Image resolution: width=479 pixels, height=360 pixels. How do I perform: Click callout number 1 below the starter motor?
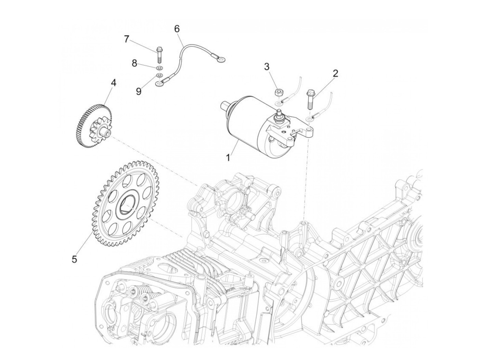coord(228,158)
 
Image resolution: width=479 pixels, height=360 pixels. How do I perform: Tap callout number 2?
coord(335,73)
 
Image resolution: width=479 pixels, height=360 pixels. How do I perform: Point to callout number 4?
coord(113,83)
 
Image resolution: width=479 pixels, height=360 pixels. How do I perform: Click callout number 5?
coord(74,259)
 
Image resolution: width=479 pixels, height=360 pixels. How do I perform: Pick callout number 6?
coord(177,29)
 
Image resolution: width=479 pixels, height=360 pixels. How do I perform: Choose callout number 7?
coord(127,39)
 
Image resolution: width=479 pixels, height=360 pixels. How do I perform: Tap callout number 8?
coord(134,63)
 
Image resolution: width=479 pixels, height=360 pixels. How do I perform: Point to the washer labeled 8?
coord(159,67)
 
